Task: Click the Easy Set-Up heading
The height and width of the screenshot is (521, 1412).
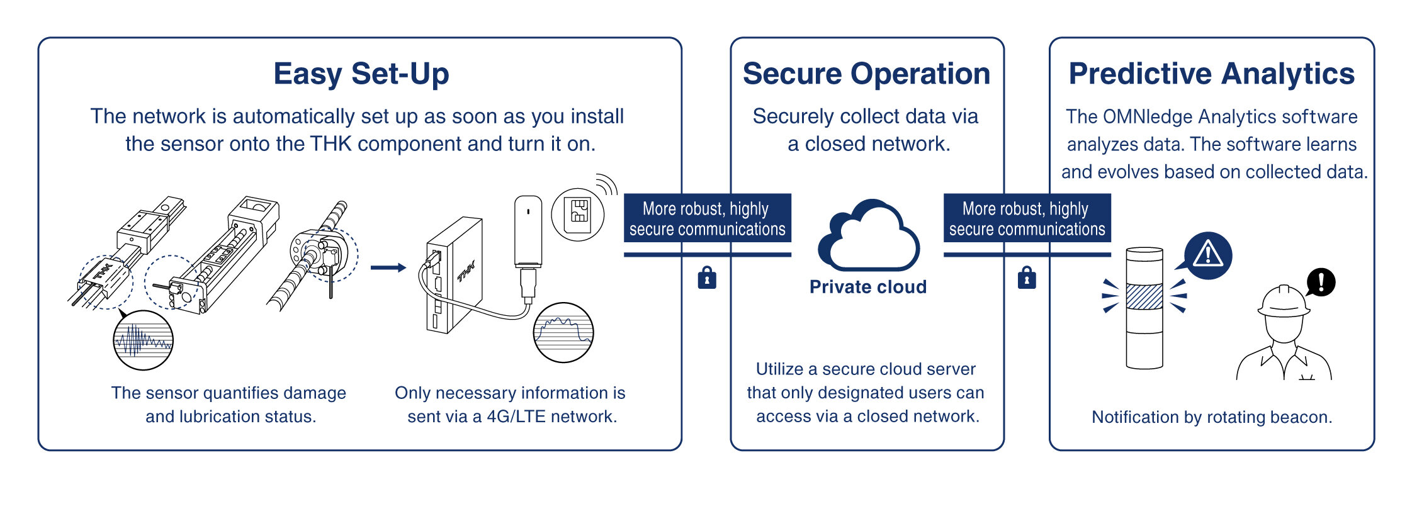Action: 361,74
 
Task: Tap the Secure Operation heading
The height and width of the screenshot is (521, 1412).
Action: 866,74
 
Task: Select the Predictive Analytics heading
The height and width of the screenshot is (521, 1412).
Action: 1211,74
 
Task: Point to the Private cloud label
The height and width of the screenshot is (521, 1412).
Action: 868,287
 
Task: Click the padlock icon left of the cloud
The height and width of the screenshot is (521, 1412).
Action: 707,277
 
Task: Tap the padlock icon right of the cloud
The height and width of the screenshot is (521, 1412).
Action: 1027,277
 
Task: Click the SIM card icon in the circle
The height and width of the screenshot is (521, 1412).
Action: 578,215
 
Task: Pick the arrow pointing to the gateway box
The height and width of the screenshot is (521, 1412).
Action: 388,267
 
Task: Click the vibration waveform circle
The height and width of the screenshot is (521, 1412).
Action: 143,340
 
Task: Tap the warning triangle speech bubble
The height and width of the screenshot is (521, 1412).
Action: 1206,257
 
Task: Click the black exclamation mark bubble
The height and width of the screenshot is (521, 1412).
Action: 1320,282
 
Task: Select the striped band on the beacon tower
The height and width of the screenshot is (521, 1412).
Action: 1144,296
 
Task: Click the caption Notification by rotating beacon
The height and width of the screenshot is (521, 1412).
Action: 1212,417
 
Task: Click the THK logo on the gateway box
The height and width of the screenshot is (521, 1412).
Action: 466,272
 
